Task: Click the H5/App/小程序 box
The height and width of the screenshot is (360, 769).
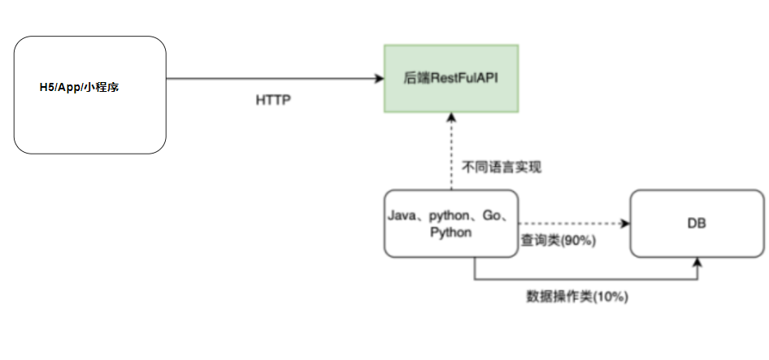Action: pyautogui.click(x=90, y=94)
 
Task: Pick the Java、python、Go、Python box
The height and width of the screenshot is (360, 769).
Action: pyautogui.click(x=450, y=223)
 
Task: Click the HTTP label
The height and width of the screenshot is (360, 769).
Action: pyautogui.click(x=273, y=101)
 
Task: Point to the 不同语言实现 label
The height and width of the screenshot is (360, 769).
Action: pyautogui.click(x=502, y=168)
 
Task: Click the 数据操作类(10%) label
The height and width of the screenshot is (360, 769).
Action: pyautogui.click(x=577, y=297)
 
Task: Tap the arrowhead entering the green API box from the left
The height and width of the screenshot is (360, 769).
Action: pyautogui.click(x=380, y=78)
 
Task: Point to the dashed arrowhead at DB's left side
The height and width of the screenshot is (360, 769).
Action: pyautogui.click(x=625, y=223)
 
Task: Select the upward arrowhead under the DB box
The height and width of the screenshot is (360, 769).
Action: pyautogui.click(x=698, y=262)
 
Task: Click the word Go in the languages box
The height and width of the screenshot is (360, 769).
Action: pyautogui.click(x=492, y=216)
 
